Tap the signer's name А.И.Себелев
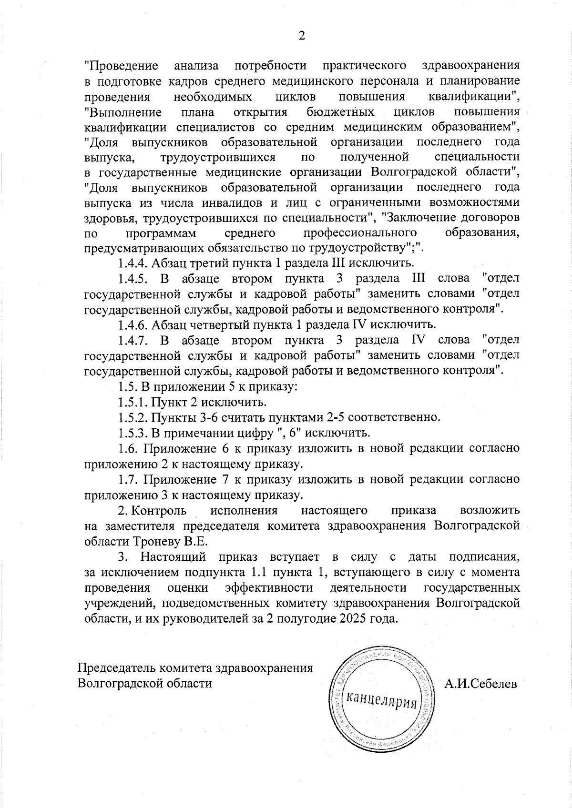pos(480,684)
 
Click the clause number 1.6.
pos(128,448)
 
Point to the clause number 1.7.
pos(128,479)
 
